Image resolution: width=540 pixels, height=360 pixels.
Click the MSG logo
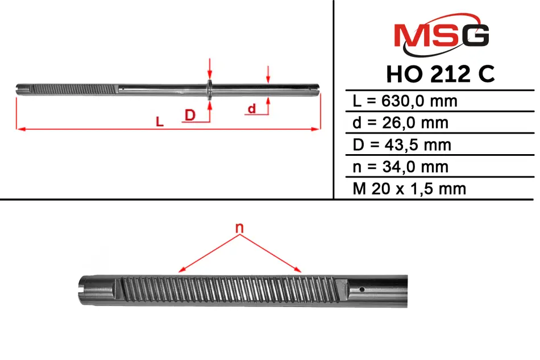(442, 35)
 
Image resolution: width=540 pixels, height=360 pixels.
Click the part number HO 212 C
(441, 74)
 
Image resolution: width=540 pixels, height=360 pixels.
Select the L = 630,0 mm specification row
(405, 101)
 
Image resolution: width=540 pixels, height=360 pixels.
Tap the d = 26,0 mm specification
(401, 123)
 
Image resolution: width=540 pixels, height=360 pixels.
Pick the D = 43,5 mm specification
(402, 144)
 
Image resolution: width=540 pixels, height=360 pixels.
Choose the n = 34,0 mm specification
(401, 167)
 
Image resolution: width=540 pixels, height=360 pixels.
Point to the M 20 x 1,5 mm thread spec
(409, 188)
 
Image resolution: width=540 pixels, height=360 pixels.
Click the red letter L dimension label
(160, 121)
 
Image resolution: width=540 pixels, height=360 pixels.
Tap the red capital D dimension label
(190, 115)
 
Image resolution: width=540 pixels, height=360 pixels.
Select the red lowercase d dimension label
(252, 108)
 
